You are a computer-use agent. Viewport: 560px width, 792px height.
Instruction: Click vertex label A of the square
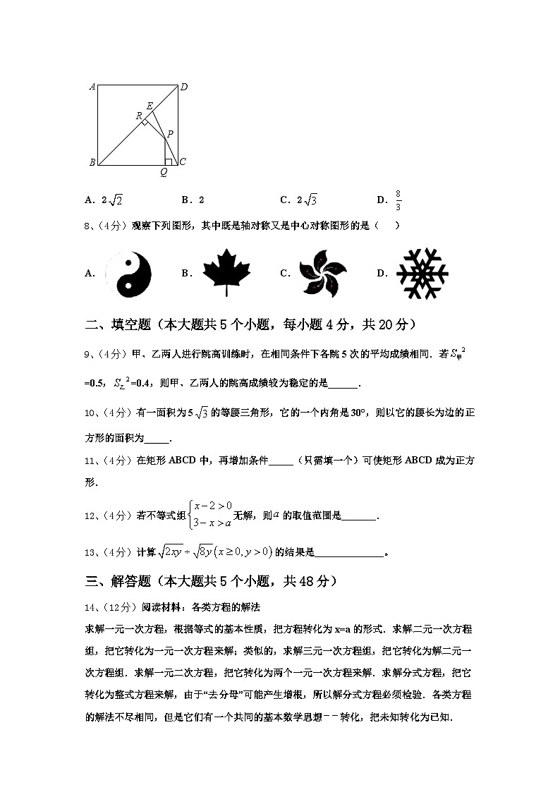click(x=92, y=87)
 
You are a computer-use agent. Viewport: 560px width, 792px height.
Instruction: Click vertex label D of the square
click(x=183, y=87)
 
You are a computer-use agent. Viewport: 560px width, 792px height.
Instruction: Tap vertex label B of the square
click(x=92, y=163)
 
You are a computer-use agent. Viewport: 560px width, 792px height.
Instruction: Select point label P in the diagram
click(x=170, y=133)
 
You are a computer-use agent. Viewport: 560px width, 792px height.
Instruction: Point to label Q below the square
click(x=164, y=173)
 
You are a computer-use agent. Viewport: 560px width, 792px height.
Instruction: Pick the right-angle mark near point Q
click(x=168, y=162)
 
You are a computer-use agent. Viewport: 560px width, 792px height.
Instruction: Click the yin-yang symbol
click(x=128, y=274)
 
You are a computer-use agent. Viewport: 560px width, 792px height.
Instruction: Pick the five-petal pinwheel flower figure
click(x=322, y=274)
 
